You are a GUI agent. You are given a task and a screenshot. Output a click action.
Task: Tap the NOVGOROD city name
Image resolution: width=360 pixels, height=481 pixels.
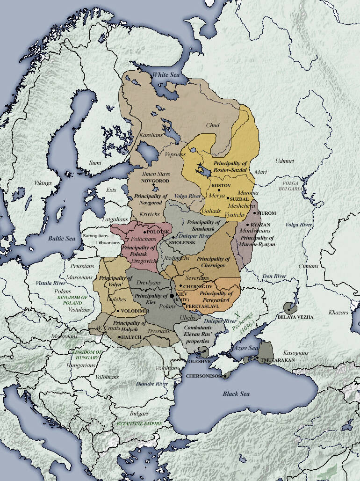click(x=153, y=180)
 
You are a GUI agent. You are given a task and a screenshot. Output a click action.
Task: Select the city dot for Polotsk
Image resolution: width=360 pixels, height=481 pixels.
click(x=145, y=232)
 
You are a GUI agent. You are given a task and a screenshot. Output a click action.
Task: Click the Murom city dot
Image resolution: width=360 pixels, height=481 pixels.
click(x=255, y=213)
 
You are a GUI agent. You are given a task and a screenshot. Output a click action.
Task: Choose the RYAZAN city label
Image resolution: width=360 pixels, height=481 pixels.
click(x=260, y=225)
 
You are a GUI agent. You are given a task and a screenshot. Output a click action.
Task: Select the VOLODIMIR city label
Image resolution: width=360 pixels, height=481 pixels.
click(x=134, y=311)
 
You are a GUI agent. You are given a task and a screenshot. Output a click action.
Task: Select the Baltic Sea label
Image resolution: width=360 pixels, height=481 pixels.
click(x=62, y=239)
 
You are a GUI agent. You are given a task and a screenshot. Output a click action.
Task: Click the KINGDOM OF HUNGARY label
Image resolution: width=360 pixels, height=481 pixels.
click(x=85, y=354)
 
